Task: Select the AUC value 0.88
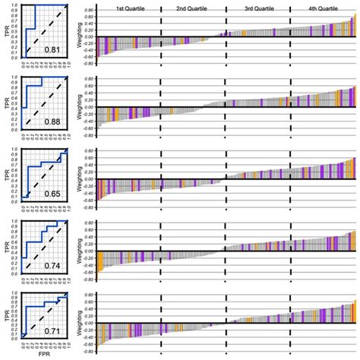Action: pyautogui.click(x=52, y=122)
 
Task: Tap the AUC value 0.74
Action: pyautogui.click(x=52, y=265)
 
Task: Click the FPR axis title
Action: pyautogui.click(x=44, y=355)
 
